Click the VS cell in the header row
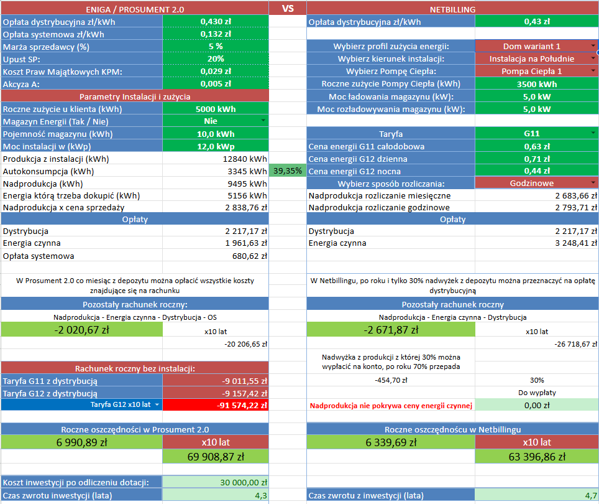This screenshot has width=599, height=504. pyautogui.click(x=288, y=9)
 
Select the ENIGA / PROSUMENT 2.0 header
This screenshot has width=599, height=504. pyautogui.click(x=134, y=9)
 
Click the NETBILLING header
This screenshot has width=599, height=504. pyautogui.click(x=452, y=9)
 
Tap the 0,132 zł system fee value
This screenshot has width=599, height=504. pyautogui.click(x=216, y=34)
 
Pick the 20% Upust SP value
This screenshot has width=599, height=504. pyautogui.click(x=216, y=59)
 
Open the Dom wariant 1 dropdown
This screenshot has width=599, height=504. pyautogui.click(x=536, y=46)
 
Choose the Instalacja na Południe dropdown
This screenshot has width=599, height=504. pyautogui.click(x=536, y=58)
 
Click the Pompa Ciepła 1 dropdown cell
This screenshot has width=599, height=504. pyautogui.click(x=536, y=71)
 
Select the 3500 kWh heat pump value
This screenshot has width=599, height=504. pyautogui.click(x=536, y=84)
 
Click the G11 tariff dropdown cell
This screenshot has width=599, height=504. pyautogui.click(x=536, y=134)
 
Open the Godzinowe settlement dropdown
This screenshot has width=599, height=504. pyautogui.click(x=536, y=184)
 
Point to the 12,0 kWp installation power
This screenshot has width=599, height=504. pyautogui.click(x=216, y=146)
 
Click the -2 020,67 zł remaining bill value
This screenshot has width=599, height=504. pyautogui.click(x=81, y=330)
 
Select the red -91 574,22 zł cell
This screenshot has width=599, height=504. pyautogui.click(x=216, y=405)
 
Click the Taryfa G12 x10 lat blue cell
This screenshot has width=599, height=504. pyautogui.click(x=81, y=405)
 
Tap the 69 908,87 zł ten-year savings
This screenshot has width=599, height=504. pyautogui.click(x=216, y=457)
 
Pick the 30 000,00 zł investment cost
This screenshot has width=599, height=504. pyautogui.click(x=216, y=482)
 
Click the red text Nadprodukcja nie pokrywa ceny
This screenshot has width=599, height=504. pyautogui.click(x=391, y=406)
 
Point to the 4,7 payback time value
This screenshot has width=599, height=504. pyautogui.click(x=536, y=496)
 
